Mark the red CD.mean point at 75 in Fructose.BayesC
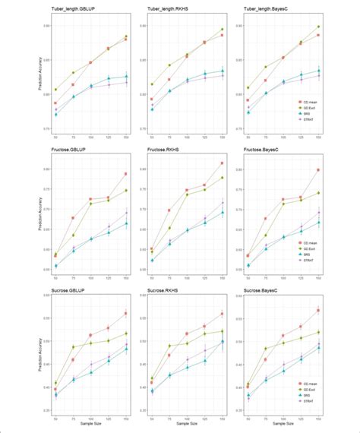tap(266, 218)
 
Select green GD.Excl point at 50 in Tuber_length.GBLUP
tap(55, 90)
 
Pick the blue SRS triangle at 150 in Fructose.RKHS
tap(223, 212)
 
